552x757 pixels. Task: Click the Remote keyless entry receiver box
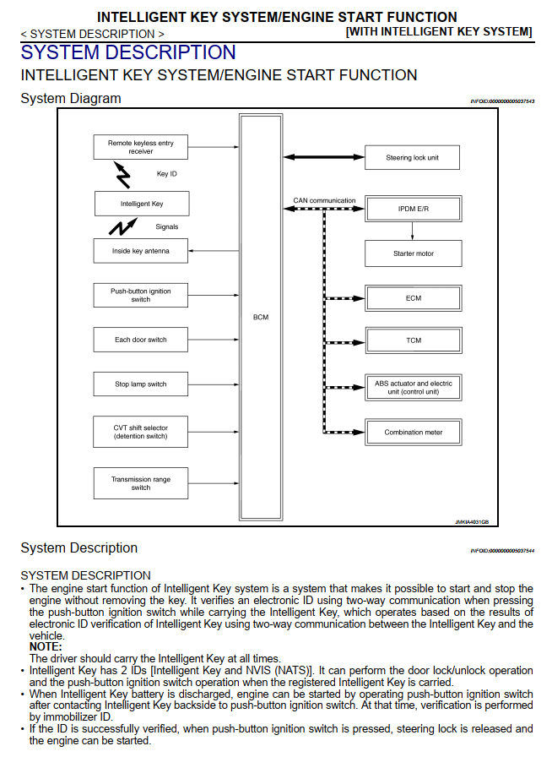(140, 147)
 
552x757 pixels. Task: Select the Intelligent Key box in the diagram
(141, 204)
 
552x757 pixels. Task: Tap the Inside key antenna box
(140, 251)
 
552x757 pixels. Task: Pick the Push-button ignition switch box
(140, 295)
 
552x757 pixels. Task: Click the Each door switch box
(140, 340)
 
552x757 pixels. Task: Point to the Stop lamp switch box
(140, 384)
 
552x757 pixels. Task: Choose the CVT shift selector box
(140, 432)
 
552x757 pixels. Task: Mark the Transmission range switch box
(140, 483)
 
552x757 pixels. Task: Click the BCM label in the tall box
(261, 318)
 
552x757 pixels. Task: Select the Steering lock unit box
(412, 157)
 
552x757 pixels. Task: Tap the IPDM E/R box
(414, 208)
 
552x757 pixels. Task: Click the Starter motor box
(414, 253)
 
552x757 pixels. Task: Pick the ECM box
(414, 298)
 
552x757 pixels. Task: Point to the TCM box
(414, 340)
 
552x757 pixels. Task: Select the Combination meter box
(414, 433)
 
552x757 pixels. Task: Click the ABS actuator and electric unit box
(414, 387)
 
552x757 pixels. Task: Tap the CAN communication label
(324, 201)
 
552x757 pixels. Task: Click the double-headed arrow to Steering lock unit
(323, 157)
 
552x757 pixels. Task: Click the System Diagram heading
(71, 99)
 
